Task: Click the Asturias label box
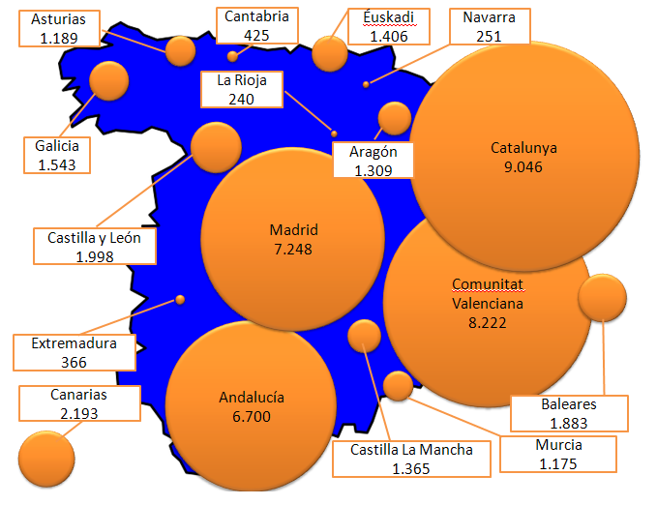(59, 28)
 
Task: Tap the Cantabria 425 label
(256, 25)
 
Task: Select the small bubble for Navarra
(366, 85)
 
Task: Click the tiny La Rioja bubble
(334, 134)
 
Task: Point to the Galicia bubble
(109, 81)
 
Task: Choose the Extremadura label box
(75, 352)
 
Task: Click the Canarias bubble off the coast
(46, 459)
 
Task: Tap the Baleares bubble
(602, 298)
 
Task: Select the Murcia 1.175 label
(558, 455)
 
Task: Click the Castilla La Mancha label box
(411, 459)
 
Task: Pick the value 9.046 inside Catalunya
(523, 166)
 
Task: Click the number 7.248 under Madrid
(293, 250)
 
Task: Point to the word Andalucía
(252, 398)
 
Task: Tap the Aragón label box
(373, 160)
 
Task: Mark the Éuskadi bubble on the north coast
(330, 53)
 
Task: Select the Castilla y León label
(95, 246)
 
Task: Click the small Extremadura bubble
(180, 300)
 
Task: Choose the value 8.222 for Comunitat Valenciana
(488, 323)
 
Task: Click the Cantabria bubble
(232, 56)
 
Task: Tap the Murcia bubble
(398, 386)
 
